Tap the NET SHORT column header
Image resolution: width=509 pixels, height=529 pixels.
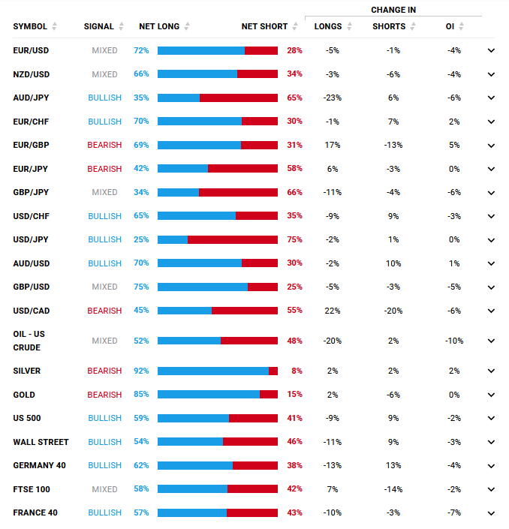click(x=264, y=26)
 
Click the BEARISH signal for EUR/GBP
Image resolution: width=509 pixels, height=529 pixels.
click(x=104, y=145)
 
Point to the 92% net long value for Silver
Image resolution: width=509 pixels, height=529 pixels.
click(x=141, y=371)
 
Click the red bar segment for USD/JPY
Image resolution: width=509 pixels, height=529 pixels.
click(x=233, y=239)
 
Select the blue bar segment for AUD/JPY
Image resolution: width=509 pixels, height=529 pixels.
click(x=179, y=98)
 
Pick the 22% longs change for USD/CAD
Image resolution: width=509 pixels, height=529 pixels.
click(x=333, y=311)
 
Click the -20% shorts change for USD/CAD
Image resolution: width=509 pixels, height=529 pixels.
click(x=393, y=311)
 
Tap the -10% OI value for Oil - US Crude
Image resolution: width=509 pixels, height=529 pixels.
click(x=453, y=341)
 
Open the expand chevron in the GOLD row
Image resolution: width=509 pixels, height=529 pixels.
click(x=491, y=395)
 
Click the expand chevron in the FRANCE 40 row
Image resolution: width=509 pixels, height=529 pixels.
click(x=491, y=513)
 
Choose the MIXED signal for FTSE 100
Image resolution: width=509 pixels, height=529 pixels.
click(x=104, y=489)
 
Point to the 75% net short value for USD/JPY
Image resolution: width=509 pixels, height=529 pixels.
click(x=294, y=239)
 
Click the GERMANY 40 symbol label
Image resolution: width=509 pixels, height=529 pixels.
click(x=39, y=465)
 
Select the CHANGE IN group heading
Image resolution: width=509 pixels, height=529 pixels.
click(x=393, y=10)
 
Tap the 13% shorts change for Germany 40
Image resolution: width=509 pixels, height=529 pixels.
click(x=393, y=465)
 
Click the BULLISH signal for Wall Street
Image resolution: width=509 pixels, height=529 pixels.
click(x=104, y=442)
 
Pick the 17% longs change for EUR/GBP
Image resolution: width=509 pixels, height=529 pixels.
click(x=333, y=145)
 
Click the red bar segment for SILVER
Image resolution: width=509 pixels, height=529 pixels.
click(x=273, y=371)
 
